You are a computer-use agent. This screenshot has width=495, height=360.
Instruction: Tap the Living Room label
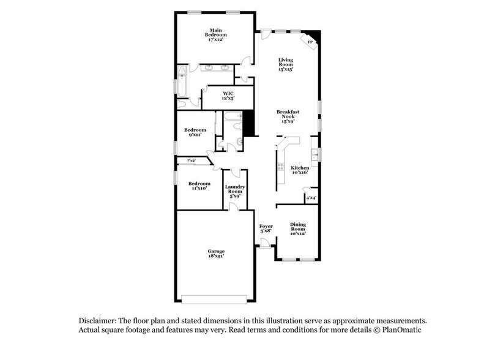point(286,64)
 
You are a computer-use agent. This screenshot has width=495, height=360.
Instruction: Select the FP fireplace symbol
point(310,42)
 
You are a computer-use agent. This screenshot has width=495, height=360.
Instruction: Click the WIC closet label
point(228,96)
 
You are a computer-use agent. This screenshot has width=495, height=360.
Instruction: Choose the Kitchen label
point(299,170)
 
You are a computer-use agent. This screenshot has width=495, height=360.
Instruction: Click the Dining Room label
point(298,228)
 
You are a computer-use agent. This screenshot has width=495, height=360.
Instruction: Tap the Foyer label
point(266,228)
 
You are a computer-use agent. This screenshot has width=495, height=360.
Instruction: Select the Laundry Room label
point(235,191)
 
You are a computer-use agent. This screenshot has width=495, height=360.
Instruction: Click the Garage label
point(215,253)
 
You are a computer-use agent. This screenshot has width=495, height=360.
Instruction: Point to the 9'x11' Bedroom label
point(196,132)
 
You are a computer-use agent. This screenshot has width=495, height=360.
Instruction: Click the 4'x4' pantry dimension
point(311,198)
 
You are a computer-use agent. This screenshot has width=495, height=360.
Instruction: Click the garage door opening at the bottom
point(215,299)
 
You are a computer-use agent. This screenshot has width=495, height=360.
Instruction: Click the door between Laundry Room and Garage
point(233,207)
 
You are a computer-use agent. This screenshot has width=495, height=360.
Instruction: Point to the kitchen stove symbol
point(280,167)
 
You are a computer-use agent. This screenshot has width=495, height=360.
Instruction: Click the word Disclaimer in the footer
point(99,321)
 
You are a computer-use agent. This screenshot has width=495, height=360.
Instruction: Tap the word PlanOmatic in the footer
point(401,330)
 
